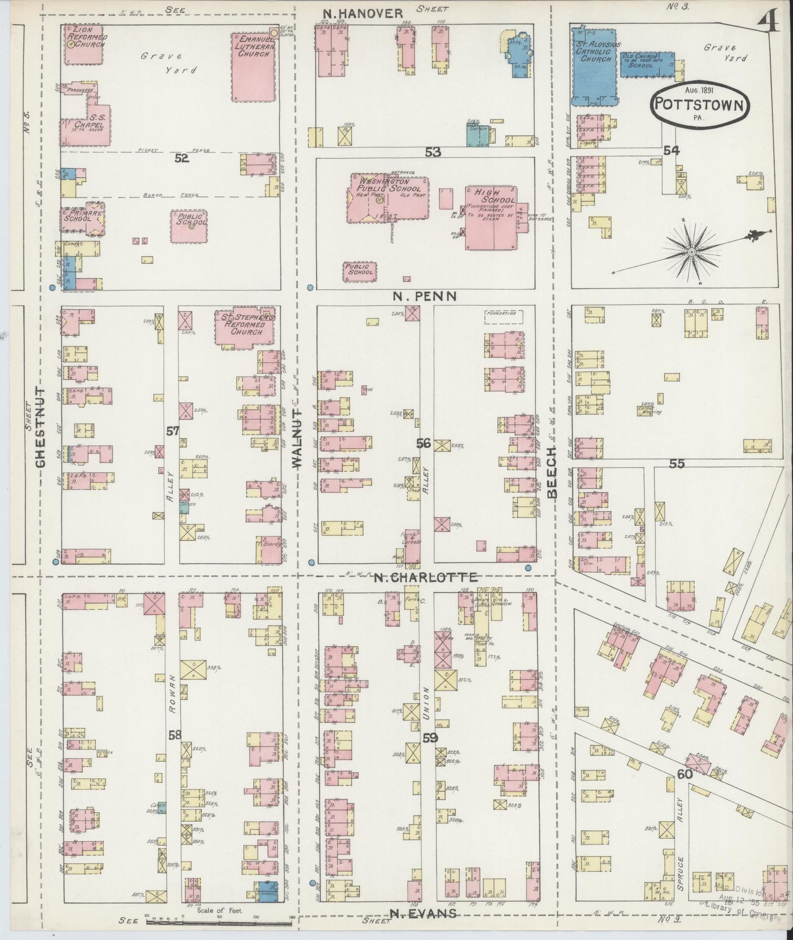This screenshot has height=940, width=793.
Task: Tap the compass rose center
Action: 692,251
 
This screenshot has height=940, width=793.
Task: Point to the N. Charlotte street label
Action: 425,577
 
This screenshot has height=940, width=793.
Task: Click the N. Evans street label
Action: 423,913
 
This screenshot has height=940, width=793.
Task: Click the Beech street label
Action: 552,472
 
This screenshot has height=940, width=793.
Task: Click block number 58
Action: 175,735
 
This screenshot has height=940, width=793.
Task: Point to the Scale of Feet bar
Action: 220,921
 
